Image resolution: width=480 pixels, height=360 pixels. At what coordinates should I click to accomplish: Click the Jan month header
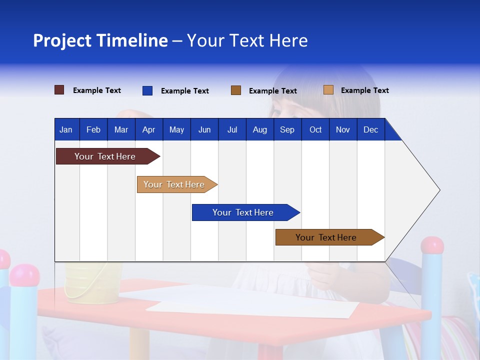pyautogui.click(x=66, y=129)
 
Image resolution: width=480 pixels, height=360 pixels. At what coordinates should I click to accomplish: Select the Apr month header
pyautogui.click(x=148, y=129)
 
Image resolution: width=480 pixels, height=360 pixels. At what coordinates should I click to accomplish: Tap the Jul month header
pyautogui.click(x=232, y=129)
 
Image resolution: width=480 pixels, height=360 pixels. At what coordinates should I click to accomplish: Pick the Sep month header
pyautogui.click(x=287, y=129)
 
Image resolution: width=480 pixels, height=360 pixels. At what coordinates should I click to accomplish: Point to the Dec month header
pyautogui.click(x=370, y=129)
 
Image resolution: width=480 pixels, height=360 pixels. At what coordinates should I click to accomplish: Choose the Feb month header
pyautogui.click(x=93, y=129)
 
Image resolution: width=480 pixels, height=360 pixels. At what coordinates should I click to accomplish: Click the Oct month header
pyautogui.click(x=315, y=129)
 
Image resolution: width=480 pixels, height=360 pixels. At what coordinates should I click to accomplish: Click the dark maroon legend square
pyautogui.click(x=59, y=90)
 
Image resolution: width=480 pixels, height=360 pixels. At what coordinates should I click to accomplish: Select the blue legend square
pyautogui.click(x=147, y=90)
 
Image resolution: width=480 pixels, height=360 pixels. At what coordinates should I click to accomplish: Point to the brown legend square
pyautogui.click(x=236, y=90)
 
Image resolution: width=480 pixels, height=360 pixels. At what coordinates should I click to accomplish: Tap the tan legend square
pyautogui.click(x=328, y=90)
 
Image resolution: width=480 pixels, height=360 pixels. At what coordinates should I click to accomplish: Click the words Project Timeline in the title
pyautogui.click(x=100, y=40)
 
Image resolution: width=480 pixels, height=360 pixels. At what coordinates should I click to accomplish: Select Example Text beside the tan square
pyautogui.click(x=364, y=90)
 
